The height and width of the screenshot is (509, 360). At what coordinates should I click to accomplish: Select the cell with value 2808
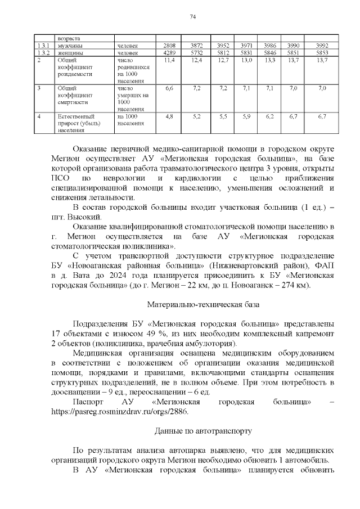tap(169, 45)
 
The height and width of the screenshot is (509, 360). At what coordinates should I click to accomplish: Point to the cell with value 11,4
tap(169, 60)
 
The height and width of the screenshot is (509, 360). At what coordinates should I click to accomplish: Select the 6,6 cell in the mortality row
tap(169, 88)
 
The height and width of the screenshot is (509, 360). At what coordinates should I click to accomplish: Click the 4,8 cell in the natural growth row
tap(169, 116)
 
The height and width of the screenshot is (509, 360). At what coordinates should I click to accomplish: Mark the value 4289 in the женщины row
tap(169, 52)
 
